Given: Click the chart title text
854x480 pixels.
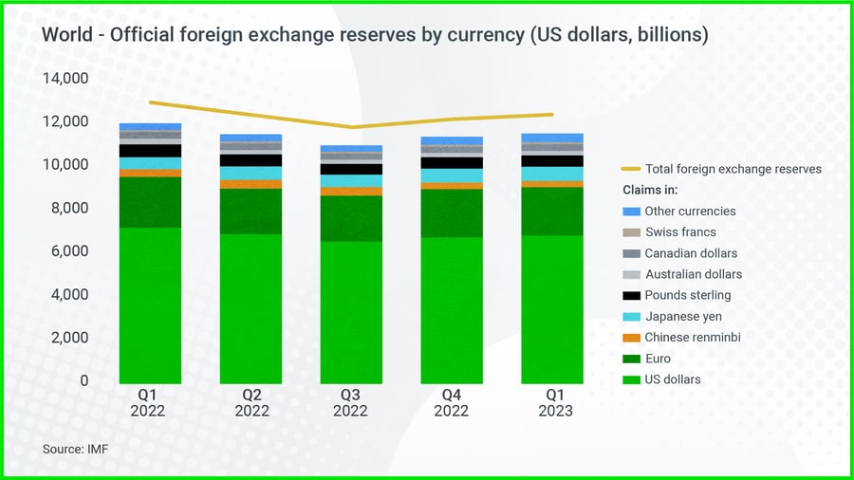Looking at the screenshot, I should tap(375, 34).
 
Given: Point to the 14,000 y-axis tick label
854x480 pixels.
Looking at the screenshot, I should tap(66, 78).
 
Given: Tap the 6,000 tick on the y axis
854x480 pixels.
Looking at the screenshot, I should tap(70, 251).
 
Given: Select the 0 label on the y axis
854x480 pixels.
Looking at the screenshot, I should tap(84, 380).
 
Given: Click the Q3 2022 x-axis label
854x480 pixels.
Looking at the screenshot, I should tap(350, 402).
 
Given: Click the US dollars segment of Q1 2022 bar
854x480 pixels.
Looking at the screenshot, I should tap(150, 304).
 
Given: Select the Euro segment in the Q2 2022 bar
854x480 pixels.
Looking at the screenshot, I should tap(251, 211).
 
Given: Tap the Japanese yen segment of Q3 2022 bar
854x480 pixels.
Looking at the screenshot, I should tap(350, 181).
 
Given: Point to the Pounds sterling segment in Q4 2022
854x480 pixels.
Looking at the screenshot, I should tap(452, 163).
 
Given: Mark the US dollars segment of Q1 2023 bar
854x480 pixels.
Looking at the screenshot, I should tap(551, 308).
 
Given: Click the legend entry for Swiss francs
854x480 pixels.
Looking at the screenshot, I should tap(679, 232).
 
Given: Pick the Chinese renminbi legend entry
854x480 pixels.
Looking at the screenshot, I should tap(692, 338).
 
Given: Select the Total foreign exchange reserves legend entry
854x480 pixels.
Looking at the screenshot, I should tap(733, 169).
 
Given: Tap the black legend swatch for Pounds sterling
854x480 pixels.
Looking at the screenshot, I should tap(630, 295).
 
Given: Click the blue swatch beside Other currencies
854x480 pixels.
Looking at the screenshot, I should tap(630, 212).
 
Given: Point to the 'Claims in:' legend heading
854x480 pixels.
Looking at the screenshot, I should tap(650, 191).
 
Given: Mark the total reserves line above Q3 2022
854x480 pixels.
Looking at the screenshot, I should tap(353, 127).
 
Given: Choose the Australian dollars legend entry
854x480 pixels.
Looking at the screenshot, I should tap(693, 274).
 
